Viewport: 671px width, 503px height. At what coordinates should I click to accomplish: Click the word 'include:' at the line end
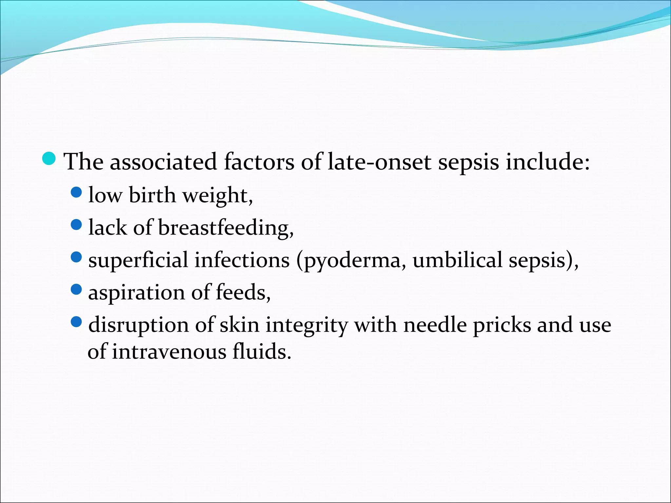tap(547, 162)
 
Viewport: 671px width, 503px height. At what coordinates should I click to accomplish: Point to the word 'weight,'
tap(217, 196)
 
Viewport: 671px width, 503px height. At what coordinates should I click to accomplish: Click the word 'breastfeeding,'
tap(226, 228)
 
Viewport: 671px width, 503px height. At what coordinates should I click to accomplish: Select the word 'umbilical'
tap(457, 260)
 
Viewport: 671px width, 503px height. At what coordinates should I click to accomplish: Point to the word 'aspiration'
tap(136, 292)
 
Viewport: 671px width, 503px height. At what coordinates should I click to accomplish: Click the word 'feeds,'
tap(243, 292)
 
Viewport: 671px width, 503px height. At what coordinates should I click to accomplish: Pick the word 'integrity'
tap(306, 325)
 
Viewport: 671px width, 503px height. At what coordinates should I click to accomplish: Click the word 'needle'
tap(435, 325)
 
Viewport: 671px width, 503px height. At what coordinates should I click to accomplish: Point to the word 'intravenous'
tap(169, 352)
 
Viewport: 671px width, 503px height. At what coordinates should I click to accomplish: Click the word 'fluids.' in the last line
tap(261, 352)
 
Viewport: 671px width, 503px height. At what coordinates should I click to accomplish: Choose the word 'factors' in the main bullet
tap(259, 162)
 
